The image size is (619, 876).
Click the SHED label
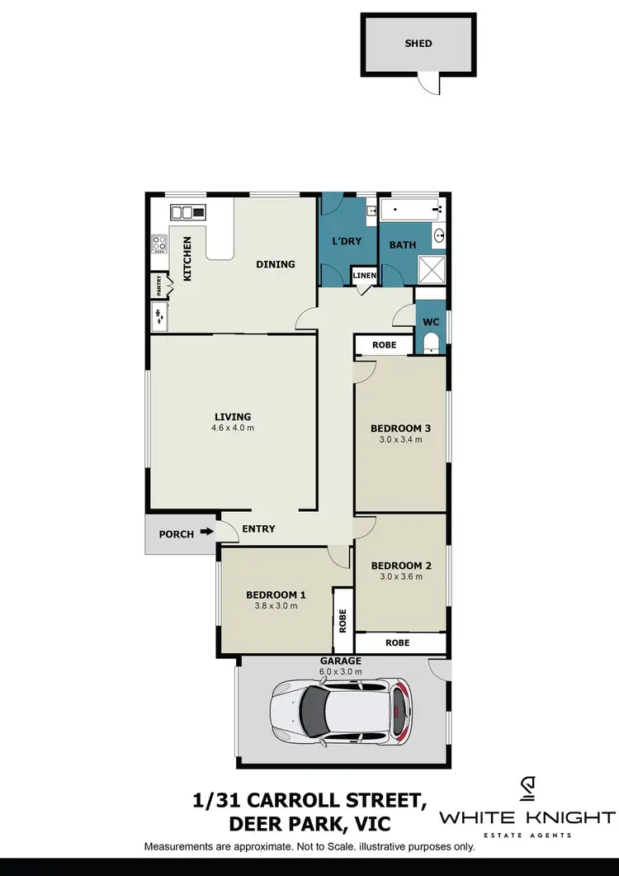(x=418, y=43)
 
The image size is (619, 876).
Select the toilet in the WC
(x=431, y=343)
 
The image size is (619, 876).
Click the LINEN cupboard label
(x=364, y=276)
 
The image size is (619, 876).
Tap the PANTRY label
(x=158, y=286)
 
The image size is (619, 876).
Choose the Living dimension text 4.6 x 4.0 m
(x=233, y=429)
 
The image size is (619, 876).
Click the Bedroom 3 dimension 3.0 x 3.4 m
(x=401, y=439)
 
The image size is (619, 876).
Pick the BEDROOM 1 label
(x=276, y=594)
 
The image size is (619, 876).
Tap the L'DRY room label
(x=347, y=242)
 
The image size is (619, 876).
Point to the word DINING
(x=275, y=264)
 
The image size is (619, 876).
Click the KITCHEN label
(x=187, y=259)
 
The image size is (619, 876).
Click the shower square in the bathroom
(x=431, y=268)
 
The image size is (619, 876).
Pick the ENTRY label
(x=258, y=528)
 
